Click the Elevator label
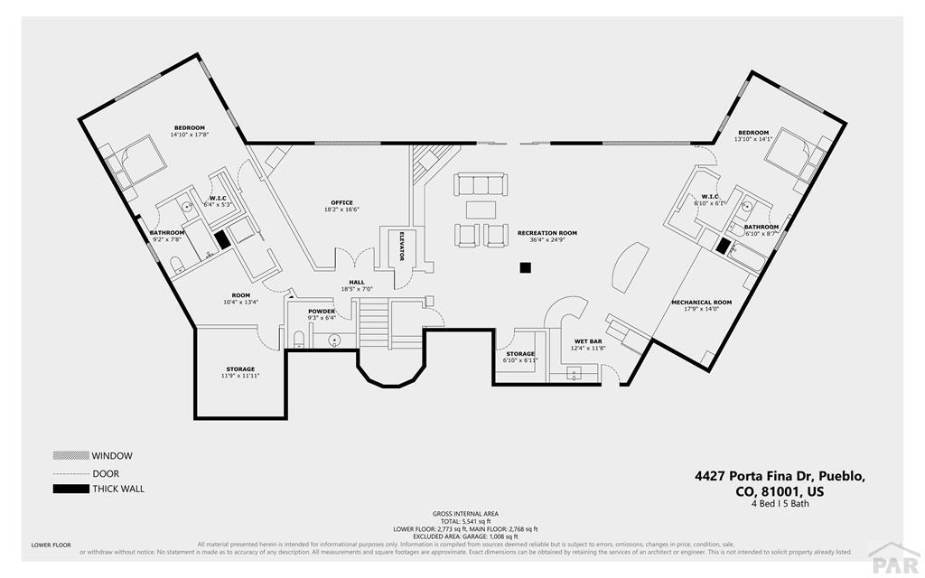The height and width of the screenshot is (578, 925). (400, 244)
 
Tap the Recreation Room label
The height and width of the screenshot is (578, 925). (547, 233)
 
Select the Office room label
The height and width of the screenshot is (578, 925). (341, 202)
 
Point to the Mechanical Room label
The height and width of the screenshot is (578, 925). (701, 302)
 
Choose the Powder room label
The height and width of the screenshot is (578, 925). (322, 312)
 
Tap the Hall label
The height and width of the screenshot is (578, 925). (357, 282)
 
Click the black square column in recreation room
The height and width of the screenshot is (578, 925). (525, 267)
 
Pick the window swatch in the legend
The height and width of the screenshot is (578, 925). (70, 456)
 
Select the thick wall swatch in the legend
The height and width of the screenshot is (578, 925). (70, 489)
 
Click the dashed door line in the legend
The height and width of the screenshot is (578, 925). (70, 473)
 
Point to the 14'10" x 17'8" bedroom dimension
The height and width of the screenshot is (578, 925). (190, 135)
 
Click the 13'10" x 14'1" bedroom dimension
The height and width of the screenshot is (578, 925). (753, 140)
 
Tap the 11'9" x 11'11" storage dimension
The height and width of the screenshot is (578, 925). (240, 376)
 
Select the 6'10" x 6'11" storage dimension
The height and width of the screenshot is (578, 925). (520, 360)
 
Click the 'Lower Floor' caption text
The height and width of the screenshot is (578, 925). (51, 545)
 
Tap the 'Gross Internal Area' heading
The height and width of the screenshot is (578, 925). (465, 514)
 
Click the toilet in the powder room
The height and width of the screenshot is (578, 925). (299, 340)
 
